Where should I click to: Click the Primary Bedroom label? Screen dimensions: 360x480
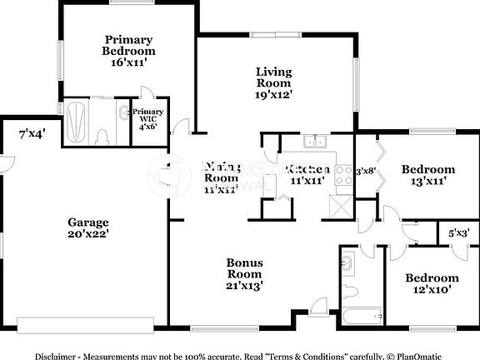coord(127,45)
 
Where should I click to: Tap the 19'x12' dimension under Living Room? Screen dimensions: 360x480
coord(273,96)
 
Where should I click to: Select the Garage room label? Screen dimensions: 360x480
coord(88,222)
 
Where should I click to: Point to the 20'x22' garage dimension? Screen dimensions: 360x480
coord(88,235)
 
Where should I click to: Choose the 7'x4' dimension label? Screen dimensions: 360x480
coord(32,133)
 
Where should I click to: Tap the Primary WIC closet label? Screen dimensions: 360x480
coord(147,116)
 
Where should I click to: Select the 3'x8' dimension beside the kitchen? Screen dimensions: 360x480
coord(366,172)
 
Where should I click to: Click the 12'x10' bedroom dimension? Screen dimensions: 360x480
coord(432,289)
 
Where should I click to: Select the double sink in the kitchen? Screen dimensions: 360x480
coord(314,141)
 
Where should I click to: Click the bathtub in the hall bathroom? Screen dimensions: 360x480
coord(362,316)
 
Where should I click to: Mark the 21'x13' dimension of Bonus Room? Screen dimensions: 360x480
coord(245,285)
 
